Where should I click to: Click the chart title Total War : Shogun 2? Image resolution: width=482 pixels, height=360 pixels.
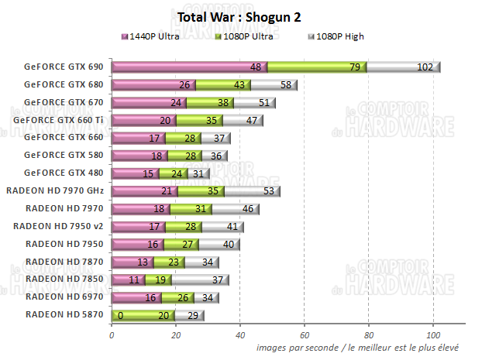click(239, 17)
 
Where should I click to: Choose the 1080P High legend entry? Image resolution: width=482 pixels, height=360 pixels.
click(336, 36)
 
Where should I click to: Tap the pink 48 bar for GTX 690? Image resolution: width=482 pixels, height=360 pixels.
click(189, 67)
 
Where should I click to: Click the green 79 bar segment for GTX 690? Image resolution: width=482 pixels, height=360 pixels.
click(316, 67)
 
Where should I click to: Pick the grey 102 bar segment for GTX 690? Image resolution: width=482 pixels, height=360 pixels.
click(403, 67)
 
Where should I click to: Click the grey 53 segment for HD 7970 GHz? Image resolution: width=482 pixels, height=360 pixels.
click(252, 190)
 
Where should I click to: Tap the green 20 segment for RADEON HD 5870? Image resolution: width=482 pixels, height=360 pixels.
click(143, 314)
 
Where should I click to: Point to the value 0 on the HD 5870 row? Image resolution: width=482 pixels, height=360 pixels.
click(121, 314)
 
